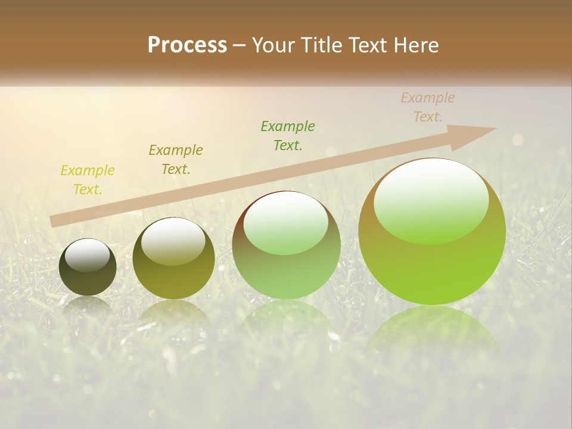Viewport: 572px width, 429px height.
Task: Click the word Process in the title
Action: pos(187,45)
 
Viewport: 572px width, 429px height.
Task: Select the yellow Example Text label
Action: pos(88,180)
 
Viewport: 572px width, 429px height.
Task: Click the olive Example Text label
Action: pos(176,160)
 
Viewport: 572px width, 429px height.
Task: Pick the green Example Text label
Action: pos(288,136)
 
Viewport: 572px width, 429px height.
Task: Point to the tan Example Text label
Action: pos(428,107)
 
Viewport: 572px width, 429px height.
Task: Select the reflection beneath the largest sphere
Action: pos(432,331)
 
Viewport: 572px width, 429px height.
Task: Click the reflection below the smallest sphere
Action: pos(88,307)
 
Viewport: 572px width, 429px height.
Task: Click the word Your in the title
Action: pos(272,45)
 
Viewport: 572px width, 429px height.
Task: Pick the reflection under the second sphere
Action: pos(173,316)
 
